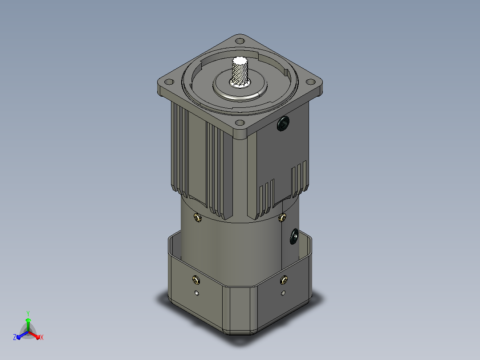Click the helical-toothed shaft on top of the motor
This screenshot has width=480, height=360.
click(x=240, y=71)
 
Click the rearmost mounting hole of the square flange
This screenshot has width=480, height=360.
click(x=240, y=41)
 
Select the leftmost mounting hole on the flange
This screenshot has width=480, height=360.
click(x=169, y=82)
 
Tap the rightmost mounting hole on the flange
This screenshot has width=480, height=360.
click(x=310, y=82)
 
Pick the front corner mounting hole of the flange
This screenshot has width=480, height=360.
click(x=240, y=123)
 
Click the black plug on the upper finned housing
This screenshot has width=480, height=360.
click(x=283, y=123)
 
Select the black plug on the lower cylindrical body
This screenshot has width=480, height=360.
click(x=294, y=236)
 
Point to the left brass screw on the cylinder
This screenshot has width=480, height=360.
click(x=198, y=218)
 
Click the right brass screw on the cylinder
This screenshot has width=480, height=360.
click(x=282, y=217)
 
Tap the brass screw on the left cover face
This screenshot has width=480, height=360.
click(x=196, y=280)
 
